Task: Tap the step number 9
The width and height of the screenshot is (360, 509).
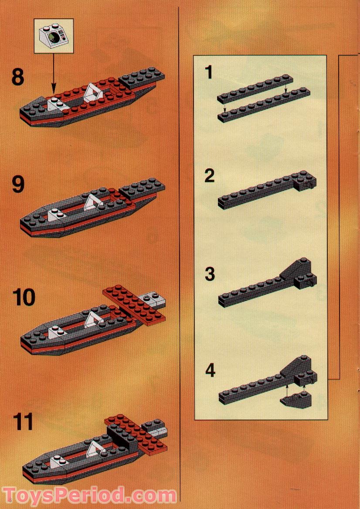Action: (x=18, y=184)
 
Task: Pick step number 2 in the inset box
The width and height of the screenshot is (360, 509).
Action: (x=210, y=176)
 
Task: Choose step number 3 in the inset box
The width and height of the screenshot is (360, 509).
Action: (x=210, y=274)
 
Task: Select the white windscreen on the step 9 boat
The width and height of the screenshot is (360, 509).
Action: (x=93, y=202)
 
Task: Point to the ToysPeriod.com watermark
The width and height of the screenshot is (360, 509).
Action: (x=89, y=495)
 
